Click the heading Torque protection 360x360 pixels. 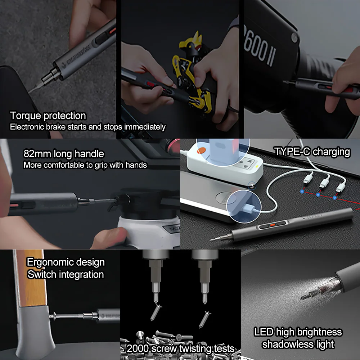tap(48, 116)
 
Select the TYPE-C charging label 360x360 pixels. tap(312, 152)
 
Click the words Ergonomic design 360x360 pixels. tap(66, 262)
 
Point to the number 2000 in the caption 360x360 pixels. tap(138, 348)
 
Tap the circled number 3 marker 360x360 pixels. tap(252, 186)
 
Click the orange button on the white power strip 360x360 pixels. tap(201, 150)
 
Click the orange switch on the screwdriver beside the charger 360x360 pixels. tap(273, 225)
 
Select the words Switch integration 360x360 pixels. tap(66, 274)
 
